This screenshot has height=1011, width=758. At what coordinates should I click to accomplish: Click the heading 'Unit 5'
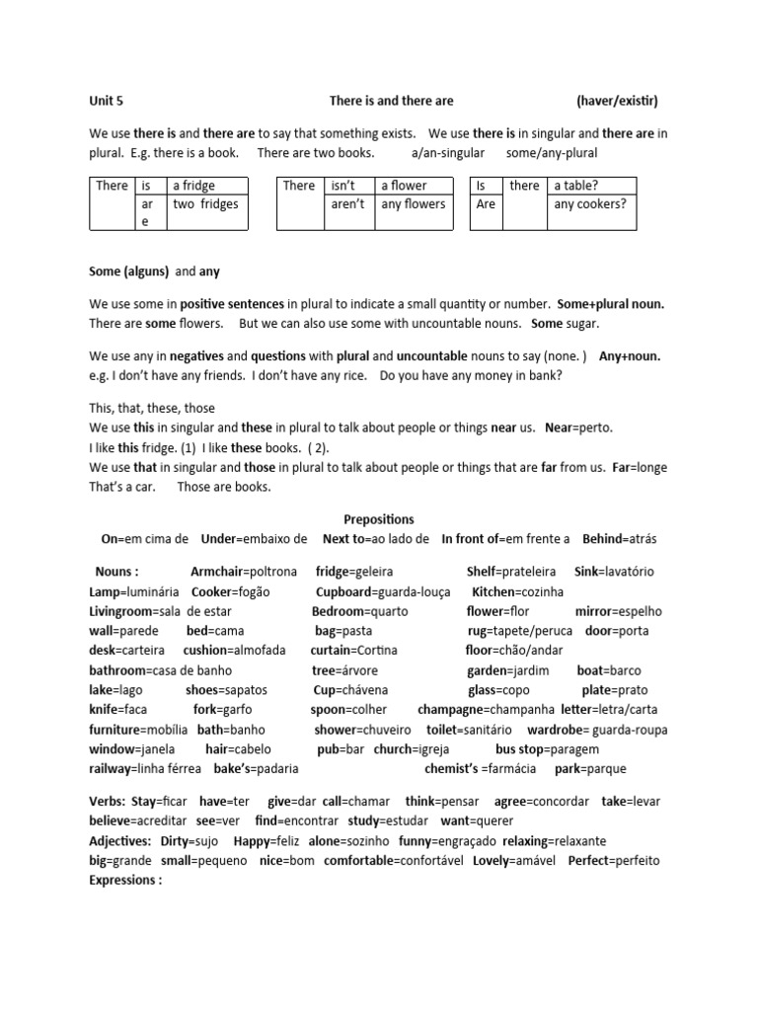[x=107, y=101]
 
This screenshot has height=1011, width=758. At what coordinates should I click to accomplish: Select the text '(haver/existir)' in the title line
[x=617, y=101]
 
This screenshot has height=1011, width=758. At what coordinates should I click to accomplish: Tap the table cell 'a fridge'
[x=194, y=186]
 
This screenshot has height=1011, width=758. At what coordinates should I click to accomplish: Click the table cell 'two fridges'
[x=205, y=204]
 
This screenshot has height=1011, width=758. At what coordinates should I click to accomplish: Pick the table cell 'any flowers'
[x=413, y=204]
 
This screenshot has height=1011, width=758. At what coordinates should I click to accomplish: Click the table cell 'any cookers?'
[x=590, y=204]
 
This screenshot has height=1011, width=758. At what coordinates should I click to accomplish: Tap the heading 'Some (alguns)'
[x=129, y=272]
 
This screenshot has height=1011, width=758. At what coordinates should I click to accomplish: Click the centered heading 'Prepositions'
[x=379, y=519]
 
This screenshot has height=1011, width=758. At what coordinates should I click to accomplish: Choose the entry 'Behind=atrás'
[x=619, y=539]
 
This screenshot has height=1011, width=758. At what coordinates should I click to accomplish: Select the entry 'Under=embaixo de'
[x=254, y=539]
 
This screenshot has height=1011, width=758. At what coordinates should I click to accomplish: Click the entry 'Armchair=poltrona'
[x=243, y=572]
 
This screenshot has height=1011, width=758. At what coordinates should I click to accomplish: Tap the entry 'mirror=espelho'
[x=623, y=611]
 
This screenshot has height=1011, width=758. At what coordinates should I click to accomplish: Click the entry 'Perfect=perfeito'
[x=614, y=860]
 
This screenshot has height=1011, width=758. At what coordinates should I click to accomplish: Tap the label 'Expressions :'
[x=125, y=880]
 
